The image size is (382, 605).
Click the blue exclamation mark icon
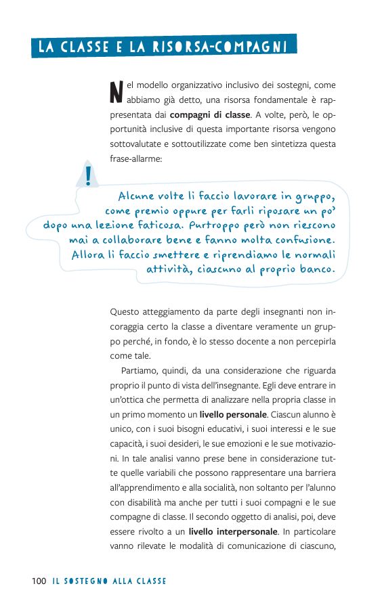pyautogui.click(x=88, y=175)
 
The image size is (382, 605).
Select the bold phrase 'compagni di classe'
pyautogui.click(x=209, y=114)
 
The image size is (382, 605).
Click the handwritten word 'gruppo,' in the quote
pyautogui.click(x=314, y=197)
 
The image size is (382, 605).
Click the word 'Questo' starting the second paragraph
pyautogui.click(x=125, y=312)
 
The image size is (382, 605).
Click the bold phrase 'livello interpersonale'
pyautogui.click(x=233, y=531)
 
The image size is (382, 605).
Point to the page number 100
pyautogui.click(x=38, y=581)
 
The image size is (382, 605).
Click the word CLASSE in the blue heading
pyautogui.click(x=83, y=47)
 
